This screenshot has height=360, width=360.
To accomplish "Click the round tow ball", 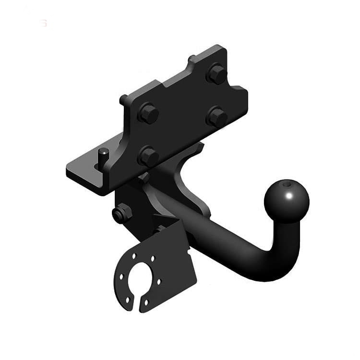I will click(287, 201).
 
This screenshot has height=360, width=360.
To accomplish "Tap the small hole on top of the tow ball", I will click(287, 183).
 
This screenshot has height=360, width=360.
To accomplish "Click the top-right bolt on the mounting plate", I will click(216, 74).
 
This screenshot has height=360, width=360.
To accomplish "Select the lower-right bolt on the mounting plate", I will click(217, 116).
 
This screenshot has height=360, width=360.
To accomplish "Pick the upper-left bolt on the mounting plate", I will click(148, 113).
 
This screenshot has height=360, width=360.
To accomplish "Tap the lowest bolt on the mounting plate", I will click(148, 156).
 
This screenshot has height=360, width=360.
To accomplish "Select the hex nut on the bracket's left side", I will click(122, 213).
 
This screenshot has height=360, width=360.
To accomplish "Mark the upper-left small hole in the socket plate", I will click(134, 256).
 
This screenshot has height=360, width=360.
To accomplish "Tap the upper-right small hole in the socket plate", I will click(153, 259).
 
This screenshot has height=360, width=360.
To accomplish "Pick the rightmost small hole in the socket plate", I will click(159, 281).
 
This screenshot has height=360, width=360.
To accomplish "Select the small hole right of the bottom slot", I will click(146, 302).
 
